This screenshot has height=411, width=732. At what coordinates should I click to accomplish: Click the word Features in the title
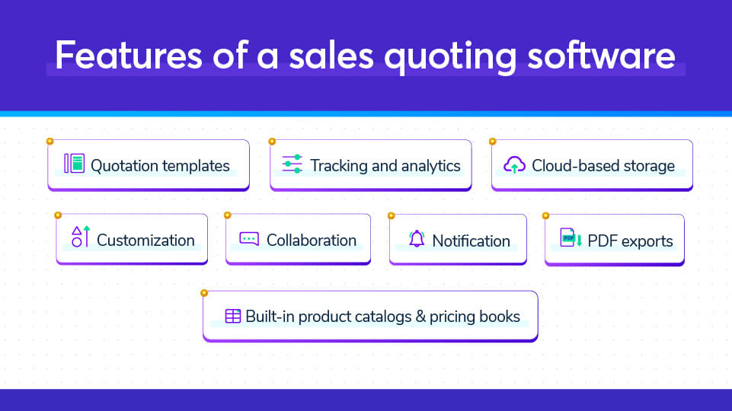coord(129,56)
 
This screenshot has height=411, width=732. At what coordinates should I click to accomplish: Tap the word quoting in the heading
coord(450,57)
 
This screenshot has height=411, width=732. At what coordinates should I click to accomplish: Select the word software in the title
coord(601,56)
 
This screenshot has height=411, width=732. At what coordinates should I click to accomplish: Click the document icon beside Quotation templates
coord(74,164)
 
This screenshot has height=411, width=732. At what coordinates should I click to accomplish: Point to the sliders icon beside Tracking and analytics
coord(292,164)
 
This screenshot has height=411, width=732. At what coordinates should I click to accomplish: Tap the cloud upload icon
coord(514,164)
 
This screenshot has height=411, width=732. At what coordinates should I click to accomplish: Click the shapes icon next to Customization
coord(80,236)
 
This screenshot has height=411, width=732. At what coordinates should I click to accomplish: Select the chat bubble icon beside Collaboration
coord(249,238)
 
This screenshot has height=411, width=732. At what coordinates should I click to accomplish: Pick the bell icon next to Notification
coord(417,238)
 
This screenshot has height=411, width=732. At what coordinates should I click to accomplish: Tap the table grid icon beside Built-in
coord(232,316)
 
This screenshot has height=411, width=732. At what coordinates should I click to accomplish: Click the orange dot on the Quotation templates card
coord(50,142)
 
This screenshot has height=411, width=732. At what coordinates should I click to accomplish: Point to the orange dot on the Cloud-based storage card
coord(493,142)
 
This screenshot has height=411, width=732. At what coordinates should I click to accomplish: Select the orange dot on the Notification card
coord(392,215)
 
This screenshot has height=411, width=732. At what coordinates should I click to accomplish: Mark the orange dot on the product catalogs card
coord(204,293)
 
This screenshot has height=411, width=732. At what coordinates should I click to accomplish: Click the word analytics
coord(430,166)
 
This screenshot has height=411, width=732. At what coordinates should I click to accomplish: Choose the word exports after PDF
coord(647,242)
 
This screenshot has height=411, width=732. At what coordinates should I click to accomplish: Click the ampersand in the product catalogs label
coord(420,317)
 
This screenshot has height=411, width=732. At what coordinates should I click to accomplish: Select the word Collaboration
coord(312,241)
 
